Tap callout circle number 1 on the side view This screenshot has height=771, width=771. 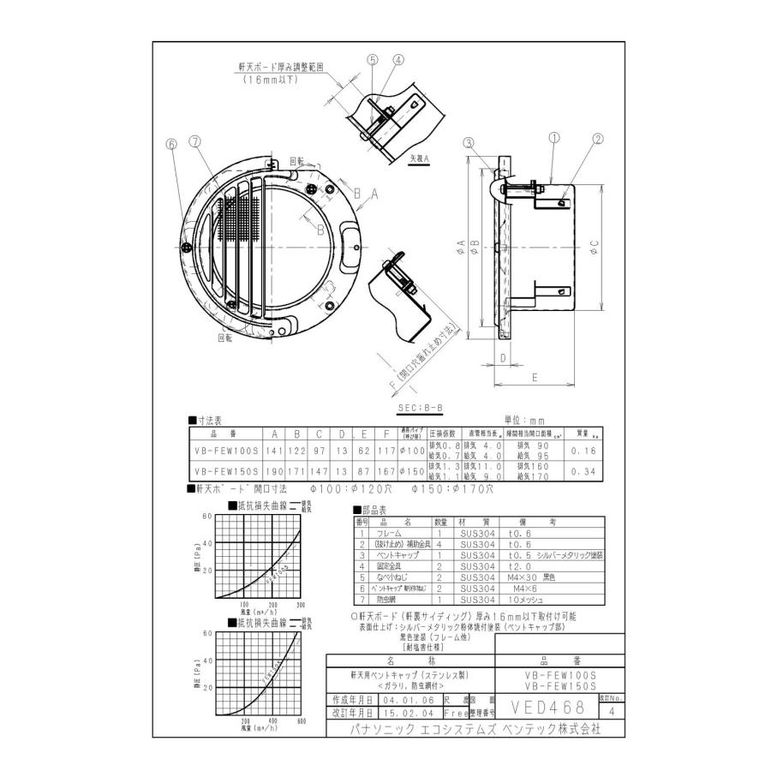tap(554, 136)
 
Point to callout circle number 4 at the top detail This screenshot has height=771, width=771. tap(399, 60)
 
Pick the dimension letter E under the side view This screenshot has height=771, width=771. tap(534, 376)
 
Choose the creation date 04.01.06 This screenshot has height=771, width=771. tap(402, 699)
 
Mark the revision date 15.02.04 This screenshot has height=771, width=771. tap(402, 712)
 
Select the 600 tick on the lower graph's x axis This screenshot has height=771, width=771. tap(302, 721)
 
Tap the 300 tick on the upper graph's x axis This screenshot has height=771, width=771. tap(300, 605)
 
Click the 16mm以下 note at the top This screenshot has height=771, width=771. tap(269, 78)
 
